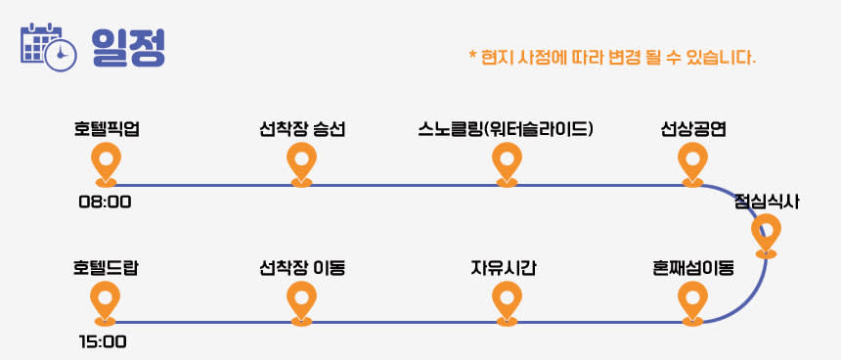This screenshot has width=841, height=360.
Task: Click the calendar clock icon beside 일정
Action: pyautogui.click(x=48, y=47)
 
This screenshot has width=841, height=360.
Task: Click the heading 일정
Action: pyautogui.click(x=128, y=47)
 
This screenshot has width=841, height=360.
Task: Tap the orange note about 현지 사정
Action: pyautogui.click(x=612, y=57)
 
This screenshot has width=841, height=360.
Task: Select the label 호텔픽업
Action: pyautogui.click(x=107, y=130)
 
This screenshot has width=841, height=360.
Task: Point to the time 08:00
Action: pyautogui.click(x=106, y=202)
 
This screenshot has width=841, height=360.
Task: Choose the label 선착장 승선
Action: pyautogui.click(x=301, y=130)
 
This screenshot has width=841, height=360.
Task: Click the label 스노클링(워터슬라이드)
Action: pyautogui.click(x=506, y=130)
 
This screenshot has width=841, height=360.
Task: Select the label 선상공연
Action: pyautogui.click(x=693, y=130)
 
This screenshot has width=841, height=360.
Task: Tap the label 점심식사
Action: pyautogui.click(x=767, y=202)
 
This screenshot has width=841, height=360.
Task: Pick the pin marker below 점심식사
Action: pyautogui.click(x=766, y=236)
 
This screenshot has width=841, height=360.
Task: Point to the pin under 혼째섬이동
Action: pyautogui.click(x=692, y=303)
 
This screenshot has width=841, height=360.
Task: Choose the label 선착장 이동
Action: pyautogui.click(x=302, y=268)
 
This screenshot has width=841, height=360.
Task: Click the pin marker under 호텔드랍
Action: pyautogui.click(x=106, y=303)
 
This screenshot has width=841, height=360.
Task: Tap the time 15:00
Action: pyautogui.click(x=103, y=341)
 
